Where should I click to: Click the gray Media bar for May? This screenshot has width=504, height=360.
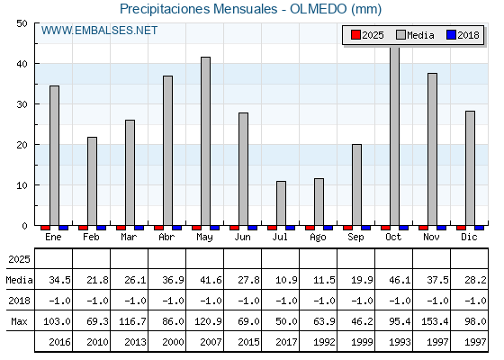tap(205, 141)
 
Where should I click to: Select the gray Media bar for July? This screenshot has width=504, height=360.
tap(281, 203)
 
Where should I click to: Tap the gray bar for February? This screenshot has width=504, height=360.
tap(92, 181)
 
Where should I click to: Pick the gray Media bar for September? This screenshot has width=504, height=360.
tap(356, 184)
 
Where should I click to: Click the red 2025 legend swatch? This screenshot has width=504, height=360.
tap(355, 35)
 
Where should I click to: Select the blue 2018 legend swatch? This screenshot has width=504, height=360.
tap(451, 35)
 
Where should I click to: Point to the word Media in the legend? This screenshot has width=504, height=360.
tap(420, 35)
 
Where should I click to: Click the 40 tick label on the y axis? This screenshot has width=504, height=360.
tap(22, 64)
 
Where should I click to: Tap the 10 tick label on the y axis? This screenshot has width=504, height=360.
tap(22, 185)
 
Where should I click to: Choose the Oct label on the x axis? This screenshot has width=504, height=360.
tap(393, 237)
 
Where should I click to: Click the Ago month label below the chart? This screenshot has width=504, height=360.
tap(318, 238)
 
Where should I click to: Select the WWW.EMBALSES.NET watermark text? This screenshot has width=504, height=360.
tap(99, 31)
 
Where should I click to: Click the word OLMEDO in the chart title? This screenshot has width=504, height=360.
tap(319, 9)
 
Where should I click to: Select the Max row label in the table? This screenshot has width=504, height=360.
tap(19, 321)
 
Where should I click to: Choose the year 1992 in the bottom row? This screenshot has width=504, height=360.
tap(324, 342)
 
